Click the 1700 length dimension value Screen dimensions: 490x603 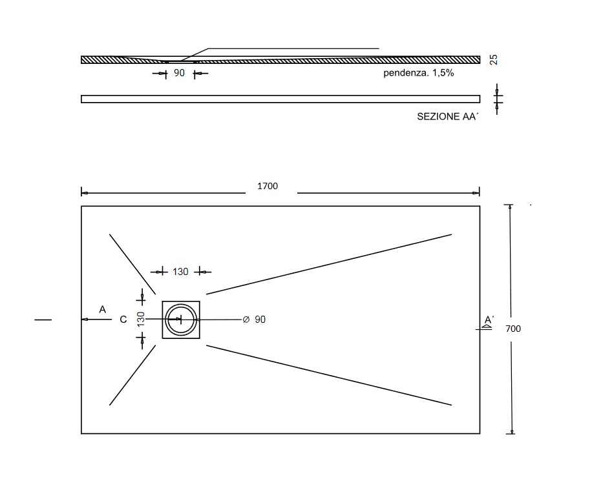coord(268,187)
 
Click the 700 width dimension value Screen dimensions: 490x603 coord(513,329)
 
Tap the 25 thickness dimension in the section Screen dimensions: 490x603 coord(494,60)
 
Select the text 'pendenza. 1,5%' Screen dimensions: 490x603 coord(418,74)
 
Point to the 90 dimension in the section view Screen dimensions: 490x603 coord(180,74)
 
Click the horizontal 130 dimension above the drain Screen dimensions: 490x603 coord(180,272)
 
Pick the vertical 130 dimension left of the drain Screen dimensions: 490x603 coord(141,319)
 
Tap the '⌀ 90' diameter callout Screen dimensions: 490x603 coord(254,320)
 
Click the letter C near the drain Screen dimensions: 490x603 coord(123,320)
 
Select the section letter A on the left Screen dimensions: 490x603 coord(102,310)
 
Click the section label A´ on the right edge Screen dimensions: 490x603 coord(489,320)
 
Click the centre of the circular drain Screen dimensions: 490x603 coord(180,320)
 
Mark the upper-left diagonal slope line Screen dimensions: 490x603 coord(132,263)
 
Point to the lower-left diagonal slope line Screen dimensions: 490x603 coord(132,375)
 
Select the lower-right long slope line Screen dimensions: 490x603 coord(328,375)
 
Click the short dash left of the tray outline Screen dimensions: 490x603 coord(43,320)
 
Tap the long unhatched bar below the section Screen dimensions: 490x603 coord(280,99)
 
